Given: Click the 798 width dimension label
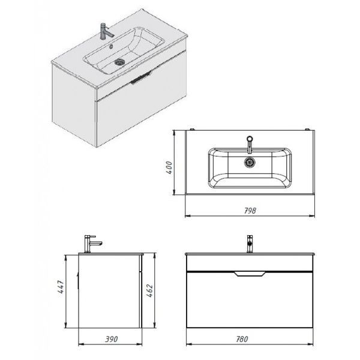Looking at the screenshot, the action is pos(250,211).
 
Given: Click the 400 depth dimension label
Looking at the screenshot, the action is pos(169,167).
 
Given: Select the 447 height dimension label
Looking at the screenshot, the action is pos(61,287).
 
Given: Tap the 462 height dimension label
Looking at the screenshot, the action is pos(149,290).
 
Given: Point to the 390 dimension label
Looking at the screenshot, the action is pos(112,339).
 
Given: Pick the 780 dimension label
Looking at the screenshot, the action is pos(242,339).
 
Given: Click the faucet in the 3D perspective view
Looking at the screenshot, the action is pos(106,31).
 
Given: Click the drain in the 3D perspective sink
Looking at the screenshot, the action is pos(119,62).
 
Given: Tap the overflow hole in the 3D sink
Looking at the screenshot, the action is pos(112,46).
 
